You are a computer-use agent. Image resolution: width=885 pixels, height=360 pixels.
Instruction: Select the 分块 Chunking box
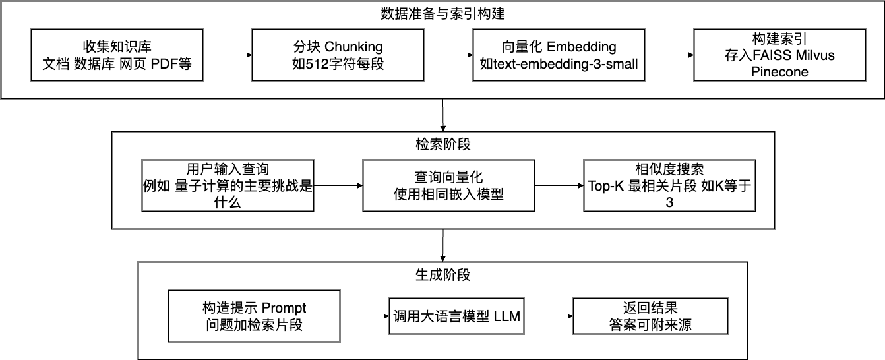[x=338, y=55]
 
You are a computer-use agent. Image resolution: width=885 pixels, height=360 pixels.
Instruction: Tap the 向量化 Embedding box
[x=558, y=55]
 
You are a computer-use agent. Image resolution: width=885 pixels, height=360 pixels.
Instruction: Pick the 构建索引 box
[x=778, y=55]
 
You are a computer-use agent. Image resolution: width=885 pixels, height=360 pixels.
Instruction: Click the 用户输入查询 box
[x=228, y=185]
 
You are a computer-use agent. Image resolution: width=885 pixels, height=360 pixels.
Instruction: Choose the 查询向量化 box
[x=448, y=185]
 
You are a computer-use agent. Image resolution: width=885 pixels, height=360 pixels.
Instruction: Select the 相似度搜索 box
[x=669, y=185]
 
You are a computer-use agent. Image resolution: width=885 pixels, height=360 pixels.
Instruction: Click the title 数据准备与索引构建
[x=443, y=13]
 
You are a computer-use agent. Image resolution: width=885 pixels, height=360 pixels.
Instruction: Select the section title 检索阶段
[x=443, y=143]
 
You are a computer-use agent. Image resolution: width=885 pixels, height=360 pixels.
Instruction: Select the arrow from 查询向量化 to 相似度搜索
[x=558, y=185]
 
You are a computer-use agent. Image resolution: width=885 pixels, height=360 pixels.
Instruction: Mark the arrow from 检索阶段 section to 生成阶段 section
[x=443, y=245]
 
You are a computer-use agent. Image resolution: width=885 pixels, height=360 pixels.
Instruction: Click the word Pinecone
[x=779, y=72]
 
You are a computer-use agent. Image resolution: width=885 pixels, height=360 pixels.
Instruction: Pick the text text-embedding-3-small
[x=558, y=63]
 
